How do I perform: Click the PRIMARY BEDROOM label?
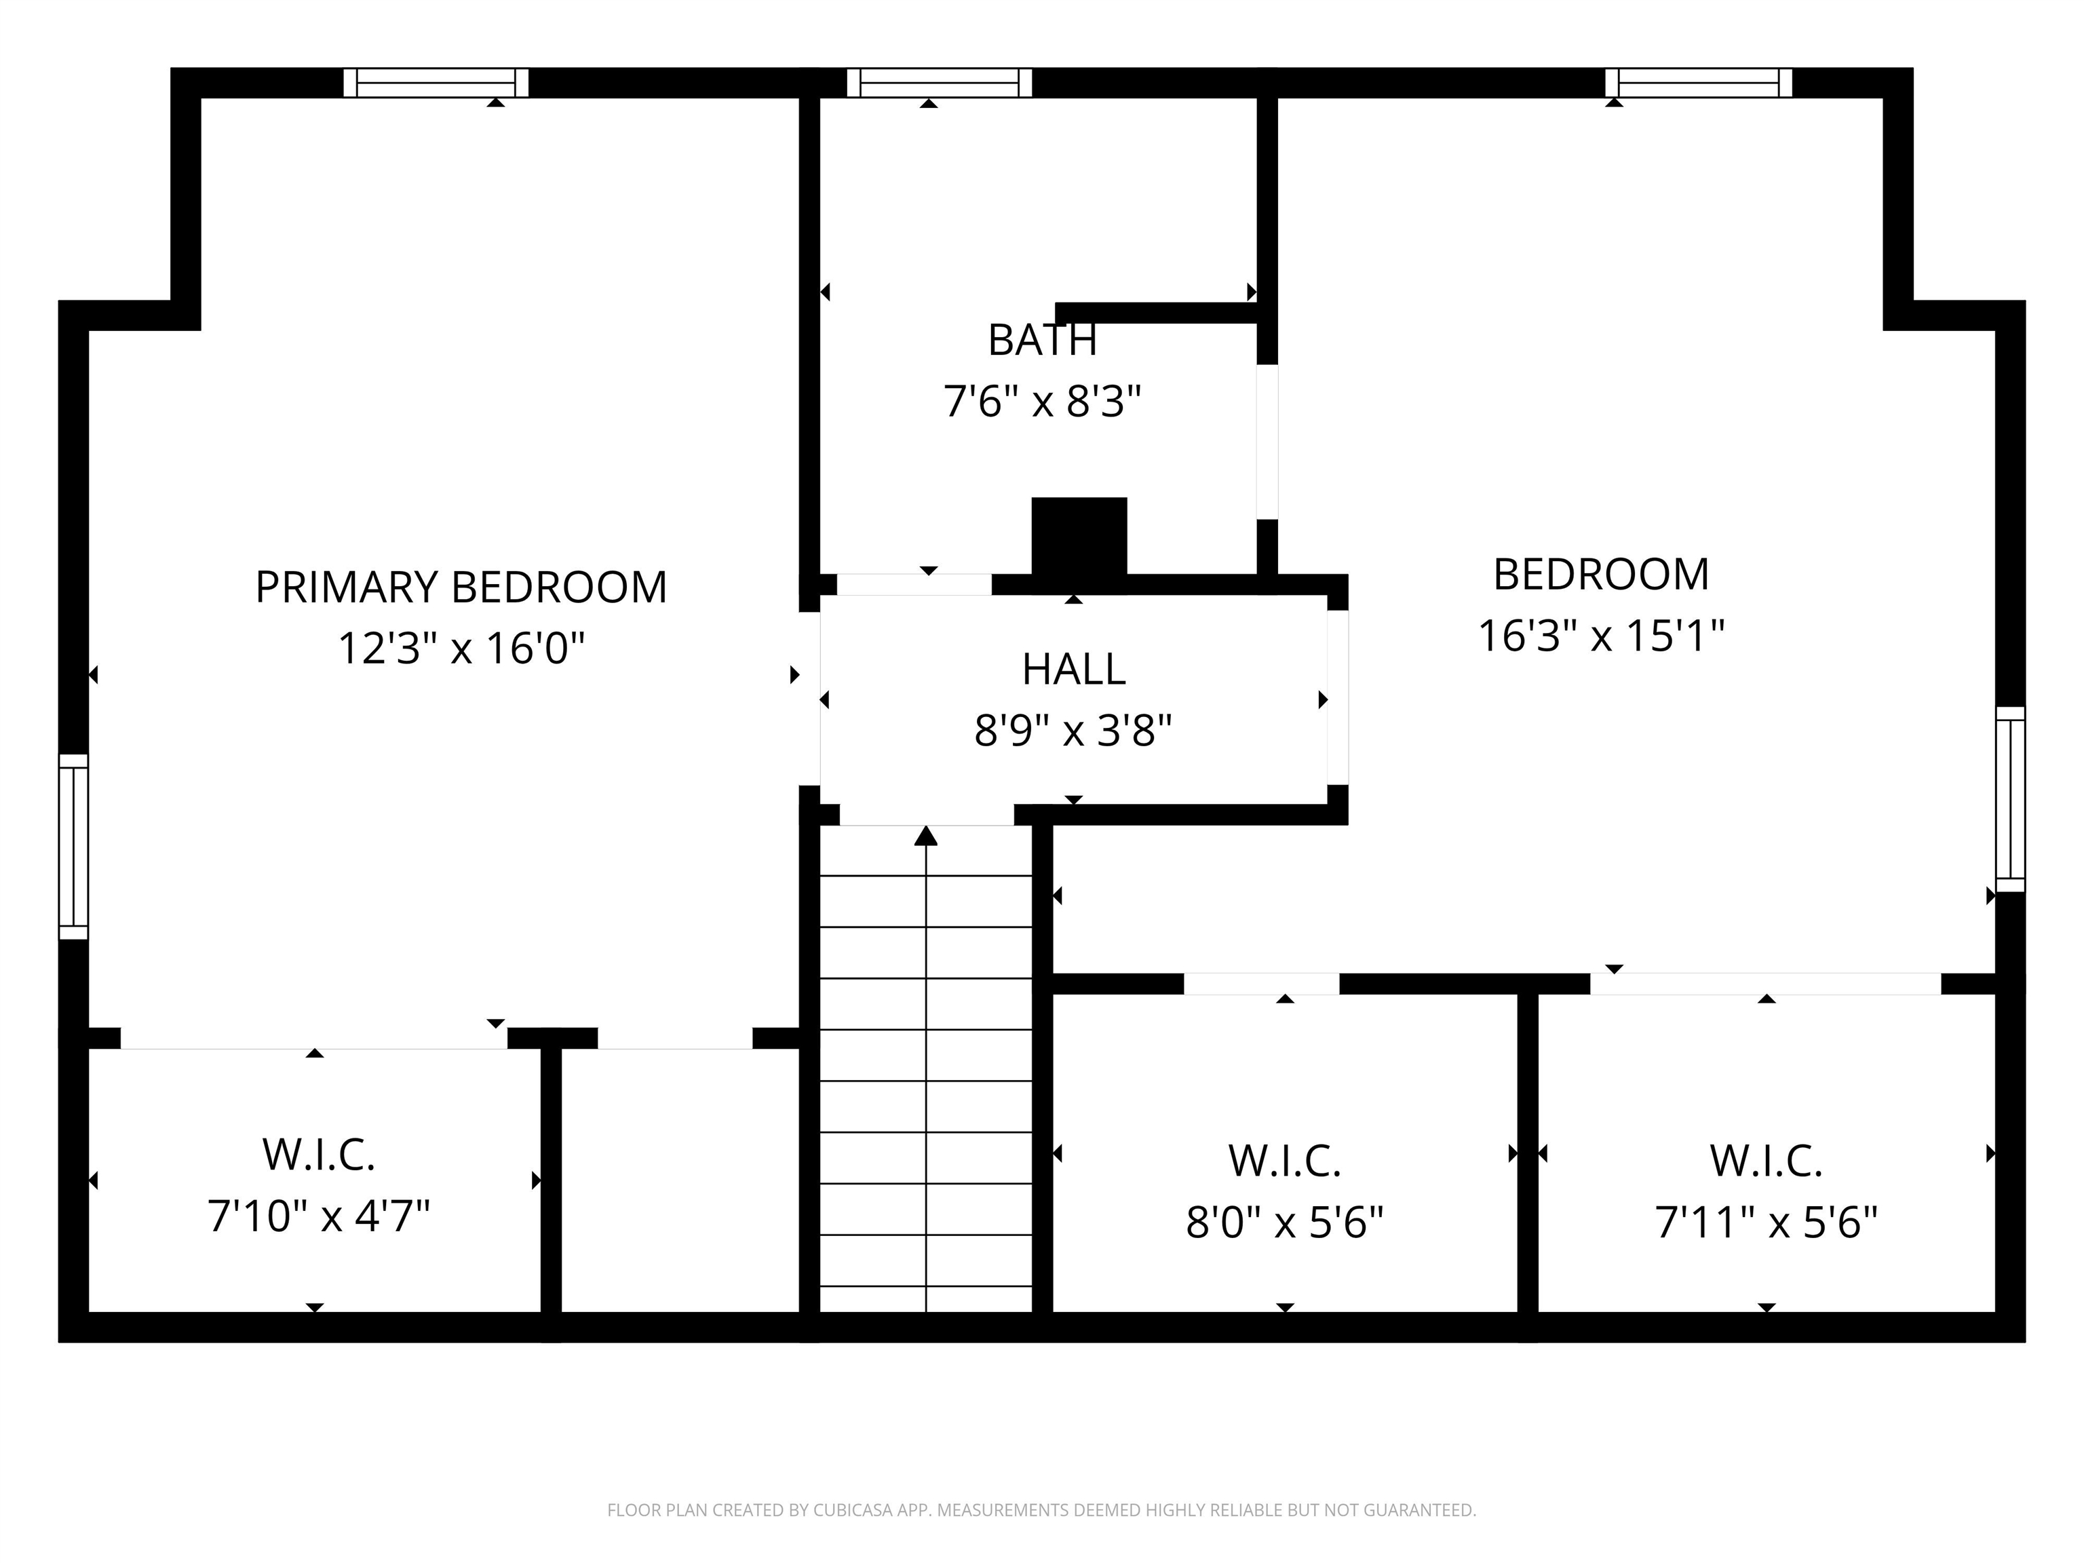[x=461, y=587]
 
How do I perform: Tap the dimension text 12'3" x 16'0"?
[x=461, y=648]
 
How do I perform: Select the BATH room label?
[x=1042, y=340]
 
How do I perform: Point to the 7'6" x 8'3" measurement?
[x=1042, y=402]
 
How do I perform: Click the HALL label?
[x=1073, y=669]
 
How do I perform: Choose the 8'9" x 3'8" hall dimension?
[x=1073, y=730]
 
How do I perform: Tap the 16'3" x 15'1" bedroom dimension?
[x=1601, y=636]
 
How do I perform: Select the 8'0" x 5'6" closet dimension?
[x=1284, y=1223]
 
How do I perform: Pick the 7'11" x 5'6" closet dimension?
[x=1766, y=1223]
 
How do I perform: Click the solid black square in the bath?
[x=1079, y=535]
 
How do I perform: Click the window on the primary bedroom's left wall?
[x=73, y=846]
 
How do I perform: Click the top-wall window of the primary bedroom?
[x=436, y=83]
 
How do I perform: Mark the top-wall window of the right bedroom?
[x=1698, y=83]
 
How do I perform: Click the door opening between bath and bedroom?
[x=1267, y=441]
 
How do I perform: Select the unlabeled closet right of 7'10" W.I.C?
[x=679, y=1180]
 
